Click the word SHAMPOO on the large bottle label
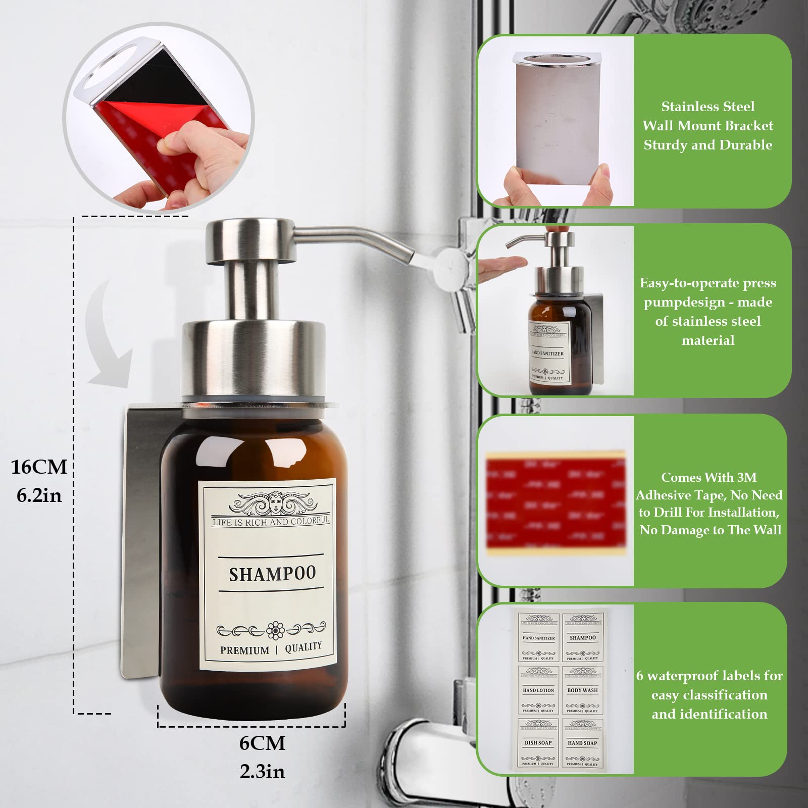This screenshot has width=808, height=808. coord(272,574)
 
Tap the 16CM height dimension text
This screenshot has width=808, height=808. coord(39,467)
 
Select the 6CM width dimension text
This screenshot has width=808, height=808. coord(262,743)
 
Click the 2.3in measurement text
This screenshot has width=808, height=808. coord(262,771)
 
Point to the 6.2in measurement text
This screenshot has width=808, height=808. coord(39,495)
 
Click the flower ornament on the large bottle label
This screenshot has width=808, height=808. coord(275,630)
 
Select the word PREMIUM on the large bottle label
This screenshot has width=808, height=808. coord(244,650)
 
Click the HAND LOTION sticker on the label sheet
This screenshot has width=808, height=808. coord(538,690)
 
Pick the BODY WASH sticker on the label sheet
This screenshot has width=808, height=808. coord(582,690)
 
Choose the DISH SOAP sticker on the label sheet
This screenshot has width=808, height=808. coord(538,742)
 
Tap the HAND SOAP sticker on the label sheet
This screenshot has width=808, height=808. coord(582,742)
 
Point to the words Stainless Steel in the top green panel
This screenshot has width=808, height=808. coord(708,107)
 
